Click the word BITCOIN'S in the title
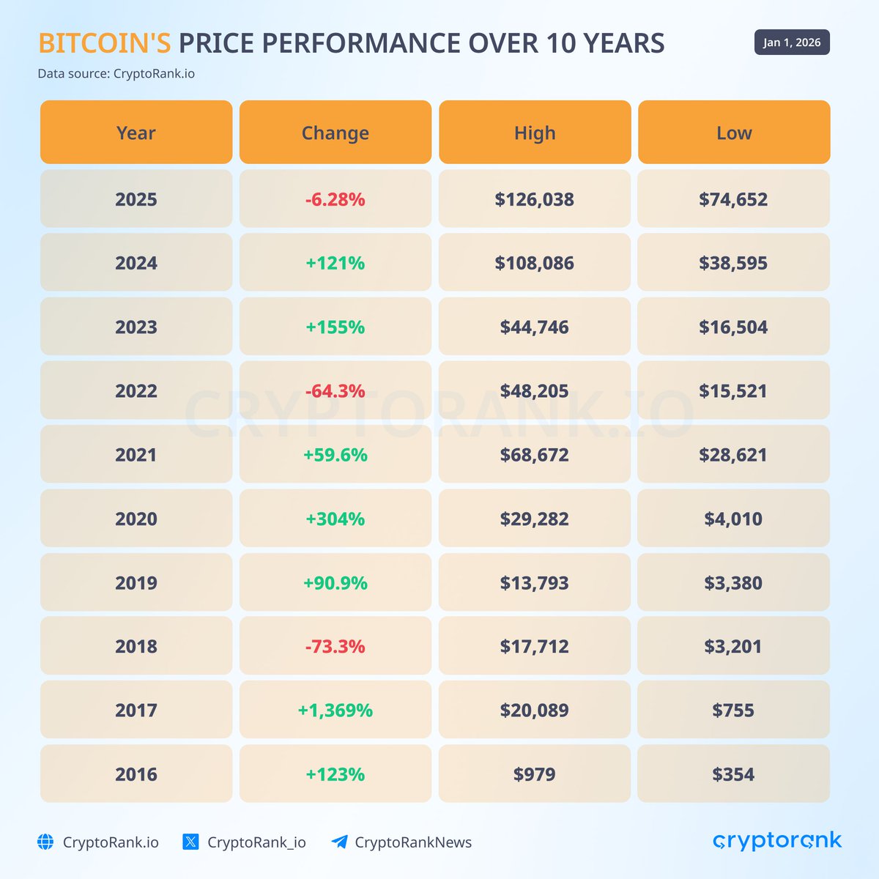point(104,44)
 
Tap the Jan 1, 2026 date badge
point(792,42)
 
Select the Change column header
point(335,133)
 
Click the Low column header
point(734,133)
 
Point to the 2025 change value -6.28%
point(335,199)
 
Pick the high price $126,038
point(535,199)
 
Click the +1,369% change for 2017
point(335,710)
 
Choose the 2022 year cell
point(136,390)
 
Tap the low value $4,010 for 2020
point(733,519)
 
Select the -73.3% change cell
point(335,646)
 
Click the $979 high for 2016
point(535,774)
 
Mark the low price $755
point(733,710)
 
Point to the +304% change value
point(335,519)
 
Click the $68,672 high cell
point(535,455)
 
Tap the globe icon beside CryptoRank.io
point(45,842)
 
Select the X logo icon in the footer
point(190,842)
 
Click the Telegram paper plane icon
point(339,842)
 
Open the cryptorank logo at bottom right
point(777,841)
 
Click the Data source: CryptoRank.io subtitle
point(116,73)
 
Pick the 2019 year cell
point(136,582)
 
